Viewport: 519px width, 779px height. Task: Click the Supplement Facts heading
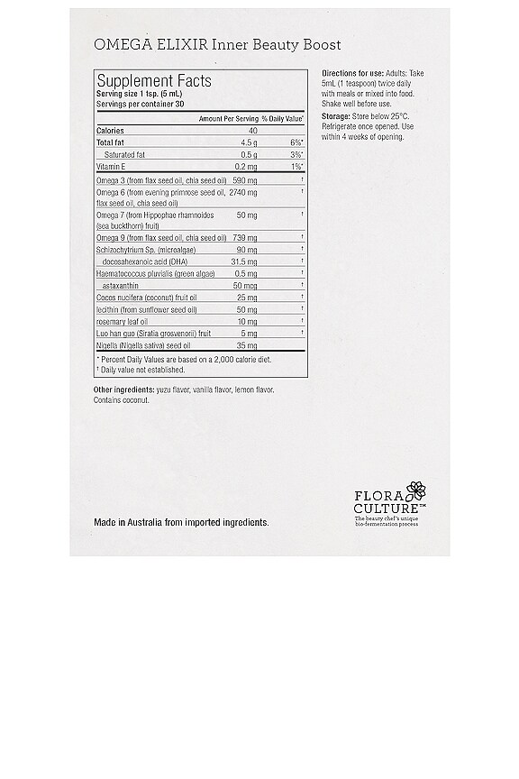tap(154, 80)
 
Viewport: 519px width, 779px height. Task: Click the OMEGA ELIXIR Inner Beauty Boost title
tap(217, 44)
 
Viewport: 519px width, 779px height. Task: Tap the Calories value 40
tap(252, 131)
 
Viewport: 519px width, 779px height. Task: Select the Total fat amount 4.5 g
tap(249, 142)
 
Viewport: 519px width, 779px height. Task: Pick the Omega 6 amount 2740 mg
tap(243, 192)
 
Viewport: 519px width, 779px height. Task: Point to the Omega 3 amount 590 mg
tap(245, 180)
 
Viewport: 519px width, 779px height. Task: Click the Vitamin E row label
tap(112, 167)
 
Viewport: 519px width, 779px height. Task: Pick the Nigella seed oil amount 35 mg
tap(248, 344)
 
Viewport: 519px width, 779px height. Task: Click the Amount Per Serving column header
tap(228, 118)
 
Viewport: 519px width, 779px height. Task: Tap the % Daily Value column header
tap(283, 118)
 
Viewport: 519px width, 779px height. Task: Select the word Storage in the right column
tap(337, 116)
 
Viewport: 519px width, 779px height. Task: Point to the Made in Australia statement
tap(181, 522)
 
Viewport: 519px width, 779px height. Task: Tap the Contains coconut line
tap(122, 399)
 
